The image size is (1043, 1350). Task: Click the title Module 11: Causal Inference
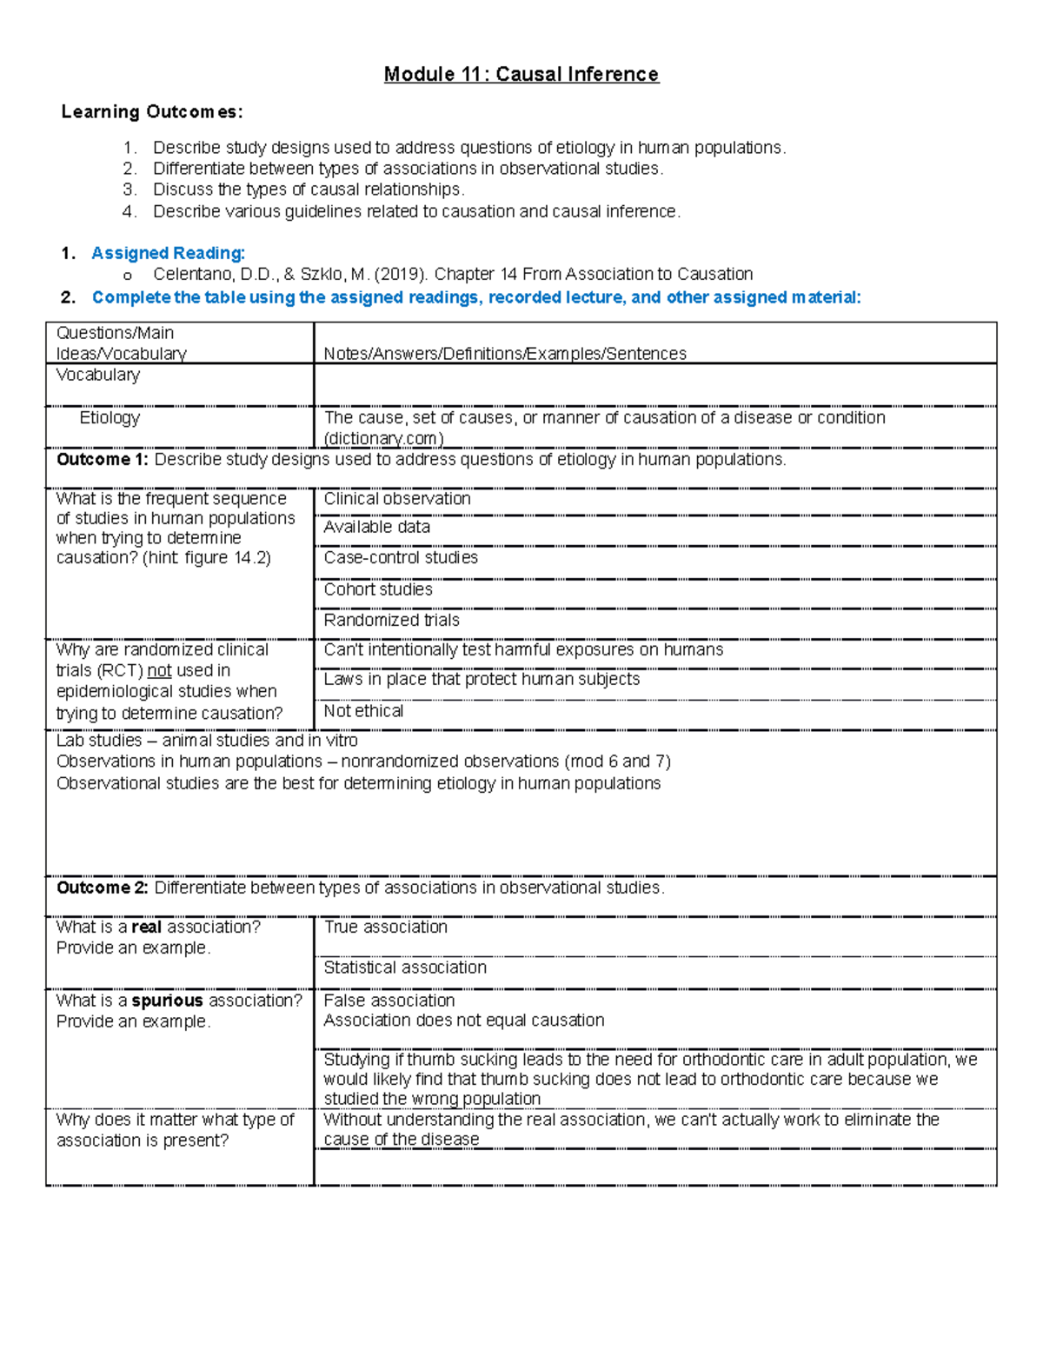click(521, 75)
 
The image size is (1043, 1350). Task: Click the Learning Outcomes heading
click(152, 112)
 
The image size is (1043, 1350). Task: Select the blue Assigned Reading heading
click(168, 253)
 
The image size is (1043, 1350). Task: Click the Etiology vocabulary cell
click(110, 418)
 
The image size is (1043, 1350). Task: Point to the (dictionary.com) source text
click(383, 439)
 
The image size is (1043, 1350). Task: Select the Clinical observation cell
click(397, 499)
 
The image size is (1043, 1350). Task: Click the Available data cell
click(376, 528)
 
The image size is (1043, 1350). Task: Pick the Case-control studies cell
click(401, 558)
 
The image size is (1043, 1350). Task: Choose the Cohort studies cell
click(378, 589)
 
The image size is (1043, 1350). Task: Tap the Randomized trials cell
click(391, 621)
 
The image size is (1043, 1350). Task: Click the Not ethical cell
click(363, 711)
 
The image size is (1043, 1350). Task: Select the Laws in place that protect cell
click(482, 680)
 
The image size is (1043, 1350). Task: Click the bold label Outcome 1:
click(103, 460)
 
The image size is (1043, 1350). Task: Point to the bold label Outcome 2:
click(103, 888)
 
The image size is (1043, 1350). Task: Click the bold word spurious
click(167, 1001)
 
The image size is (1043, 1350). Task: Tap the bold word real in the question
click(146, 928)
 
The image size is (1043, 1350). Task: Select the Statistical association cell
click(405, 968)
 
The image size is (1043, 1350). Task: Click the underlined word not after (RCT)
click(159, 671)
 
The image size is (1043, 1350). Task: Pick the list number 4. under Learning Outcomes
click(130, 211)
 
